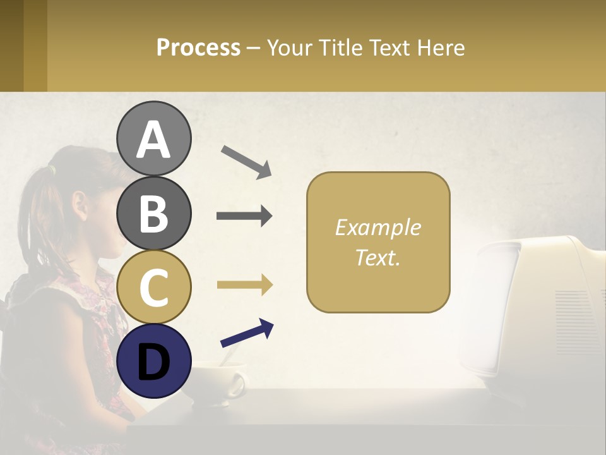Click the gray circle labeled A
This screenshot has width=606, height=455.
click(153, 138)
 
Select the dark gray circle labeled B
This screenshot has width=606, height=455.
click(153, 212)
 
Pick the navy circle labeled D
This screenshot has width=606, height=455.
click(153, 360)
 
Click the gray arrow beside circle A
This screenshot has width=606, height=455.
click(246, 162)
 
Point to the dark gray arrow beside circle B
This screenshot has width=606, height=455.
click(244, 216)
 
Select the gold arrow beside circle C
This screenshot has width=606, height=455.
click(244, 285)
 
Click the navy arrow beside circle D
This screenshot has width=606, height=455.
click(247, 333)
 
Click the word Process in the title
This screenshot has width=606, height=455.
click(198, 47)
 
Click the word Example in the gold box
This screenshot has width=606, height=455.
click(377, 227)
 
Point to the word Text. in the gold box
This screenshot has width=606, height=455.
click(377, 258)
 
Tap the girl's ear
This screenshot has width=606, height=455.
click(80, 205)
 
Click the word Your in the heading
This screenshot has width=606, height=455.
click(291, 47)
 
